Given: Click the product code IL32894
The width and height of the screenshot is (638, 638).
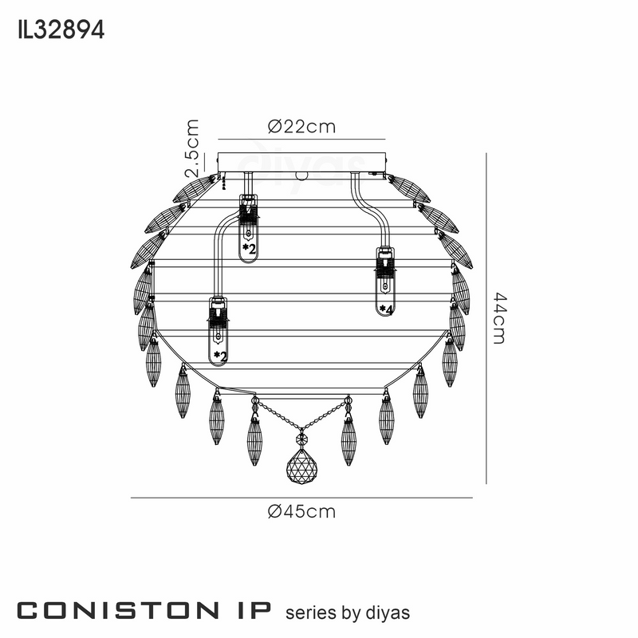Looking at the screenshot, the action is pyautogui.click(x=61, y=30).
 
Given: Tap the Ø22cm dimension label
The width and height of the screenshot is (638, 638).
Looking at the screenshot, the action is pyautogui.click(x=302, y=127).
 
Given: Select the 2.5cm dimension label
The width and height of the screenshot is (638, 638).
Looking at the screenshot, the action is pyautogui.click(x=191, y=148).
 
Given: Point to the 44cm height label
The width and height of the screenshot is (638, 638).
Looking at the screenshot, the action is pyautogui.click(x=500, y=318).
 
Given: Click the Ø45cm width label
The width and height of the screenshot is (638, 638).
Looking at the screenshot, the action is pyautogui.click(x=302, y=511).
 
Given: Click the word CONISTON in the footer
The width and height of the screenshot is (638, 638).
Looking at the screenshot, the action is pyautogui.click(x=118, y=611).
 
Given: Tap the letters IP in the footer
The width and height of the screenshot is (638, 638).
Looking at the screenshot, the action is pyautogui.click(x=252, y=611).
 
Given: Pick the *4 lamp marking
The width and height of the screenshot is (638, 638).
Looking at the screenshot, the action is pyautogui.click(x=386, y=309).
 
